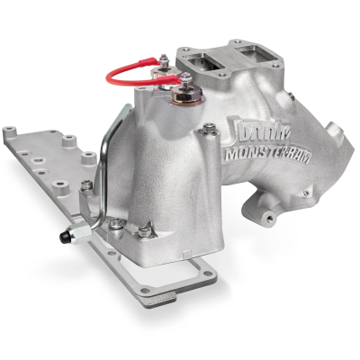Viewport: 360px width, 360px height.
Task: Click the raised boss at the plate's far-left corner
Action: [x=15, y=139]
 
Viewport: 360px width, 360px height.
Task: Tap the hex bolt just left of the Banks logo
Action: [x=209, y=133]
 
